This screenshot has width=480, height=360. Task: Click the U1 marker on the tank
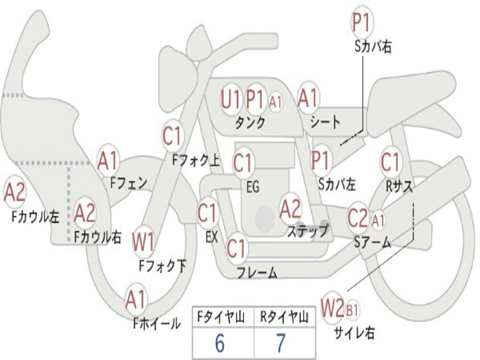[231, 99]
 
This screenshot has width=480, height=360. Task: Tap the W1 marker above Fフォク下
[143, 242]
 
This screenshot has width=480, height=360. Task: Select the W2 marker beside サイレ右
[333, 308]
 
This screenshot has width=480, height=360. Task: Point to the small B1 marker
[352, 310]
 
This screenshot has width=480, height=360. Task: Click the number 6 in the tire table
[219, 344]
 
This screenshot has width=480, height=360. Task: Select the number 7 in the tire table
[280, 344]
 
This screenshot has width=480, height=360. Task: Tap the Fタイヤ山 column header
[221, 318]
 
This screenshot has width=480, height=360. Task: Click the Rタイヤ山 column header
[285, 318]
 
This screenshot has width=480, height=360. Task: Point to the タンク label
[250, 123]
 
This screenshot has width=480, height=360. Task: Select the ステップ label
[308, 231]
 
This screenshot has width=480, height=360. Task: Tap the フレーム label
[257, 272]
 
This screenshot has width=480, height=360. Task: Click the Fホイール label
[157, 323]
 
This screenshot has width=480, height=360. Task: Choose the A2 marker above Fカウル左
[15, 192]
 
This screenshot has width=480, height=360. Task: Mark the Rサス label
[399, 187]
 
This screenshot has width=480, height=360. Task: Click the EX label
[212, 237]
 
